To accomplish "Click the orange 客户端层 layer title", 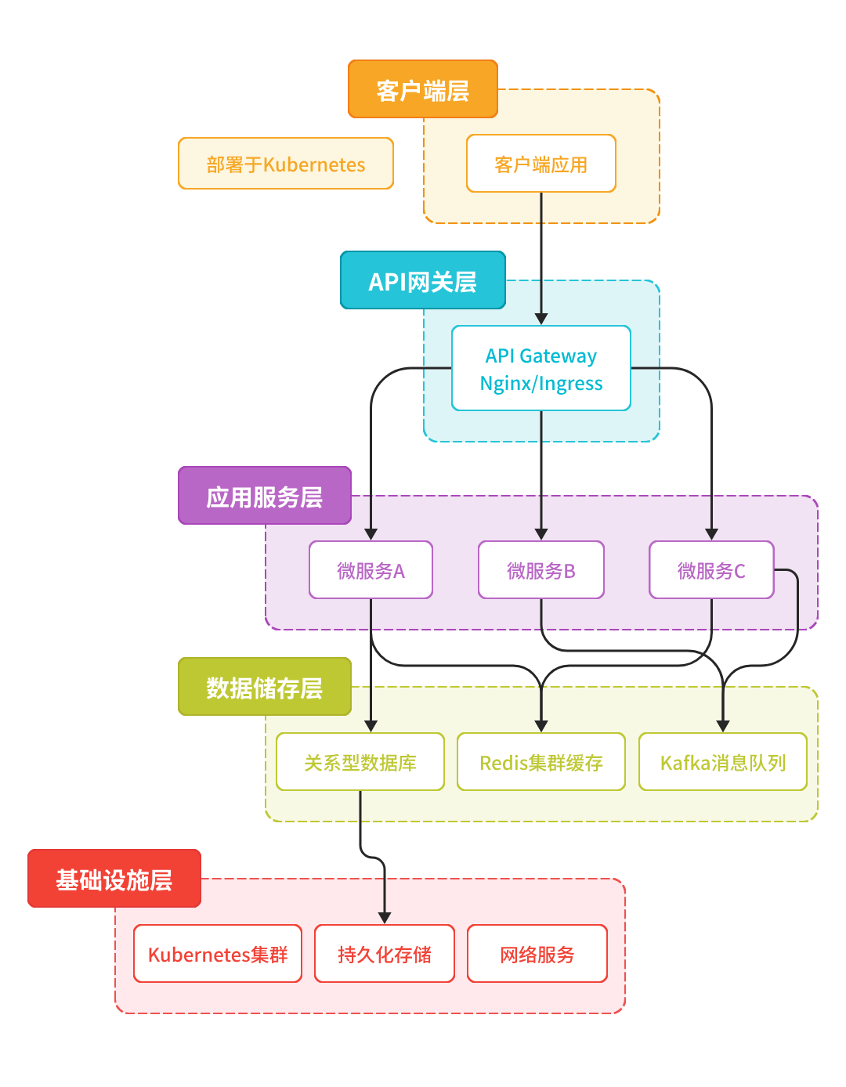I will tap(423, 89).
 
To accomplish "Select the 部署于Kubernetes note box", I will tap(286, 164).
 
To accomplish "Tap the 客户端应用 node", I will tap(541, 164).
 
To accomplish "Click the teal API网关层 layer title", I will tap(423, 280).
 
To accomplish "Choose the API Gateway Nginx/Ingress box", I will tap(541, 368).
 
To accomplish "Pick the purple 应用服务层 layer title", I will tap(265, 496).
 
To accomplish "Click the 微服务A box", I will tap(371, 570).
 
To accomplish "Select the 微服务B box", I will tap(541, 570).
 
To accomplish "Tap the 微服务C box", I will tap(711, 570).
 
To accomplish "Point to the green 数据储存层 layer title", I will tap(265, 687).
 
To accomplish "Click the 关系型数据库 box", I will tap(360, 762).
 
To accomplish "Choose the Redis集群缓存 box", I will tap(541, 762).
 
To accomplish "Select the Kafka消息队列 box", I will tap(723, 762).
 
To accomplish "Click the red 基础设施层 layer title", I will tap(114, 879).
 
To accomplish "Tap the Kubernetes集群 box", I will tap(218, 954).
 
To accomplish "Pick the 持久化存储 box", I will tap(385, 954).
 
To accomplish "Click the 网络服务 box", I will tap(537, 954).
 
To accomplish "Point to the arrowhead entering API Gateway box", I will tap(541, 319).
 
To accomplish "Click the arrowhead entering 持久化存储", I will tap(385, 918).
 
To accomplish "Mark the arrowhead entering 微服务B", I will tap(541, 534).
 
